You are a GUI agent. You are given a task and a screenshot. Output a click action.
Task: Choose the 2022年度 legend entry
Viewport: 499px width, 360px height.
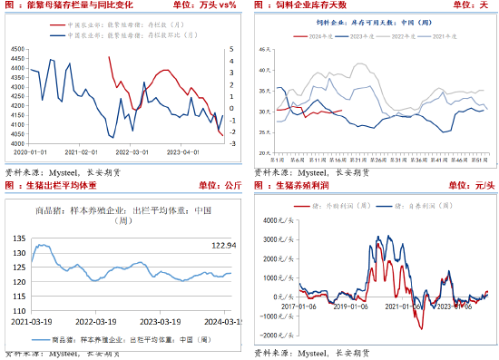point(410,35)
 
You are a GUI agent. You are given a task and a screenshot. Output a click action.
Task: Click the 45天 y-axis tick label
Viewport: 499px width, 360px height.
point(263,68)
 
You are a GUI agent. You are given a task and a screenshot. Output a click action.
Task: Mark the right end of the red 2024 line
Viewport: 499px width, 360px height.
point(342,111)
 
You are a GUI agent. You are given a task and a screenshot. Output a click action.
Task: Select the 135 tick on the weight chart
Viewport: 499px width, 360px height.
point(16,238)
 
